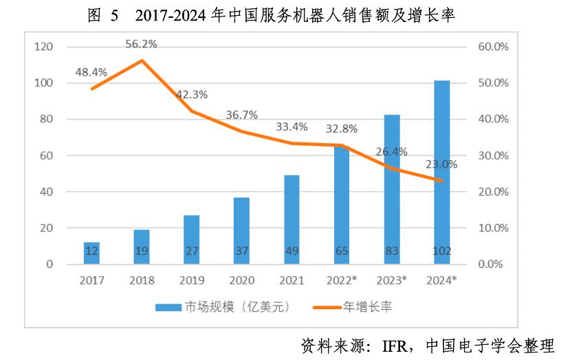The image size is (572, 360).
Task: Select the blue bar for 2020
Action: (241, 231)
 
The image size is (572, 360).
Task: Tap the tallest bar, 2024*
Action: (442, 172)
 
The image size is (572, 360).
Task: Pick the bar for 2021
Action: (291, 220)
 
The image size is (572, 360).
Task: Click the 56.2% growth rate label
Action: (141, 44)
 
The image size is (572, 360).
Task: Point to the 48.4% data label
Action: (91, 71)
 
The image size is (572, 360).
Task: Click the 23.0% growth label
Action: (441, 164)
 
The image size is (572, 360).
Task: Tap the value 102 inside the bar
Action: (442, 251)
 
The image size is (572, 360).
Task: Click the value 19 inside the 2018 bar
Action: (141, 251)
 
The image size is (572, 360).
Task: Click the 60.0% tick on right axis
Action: (492, 47)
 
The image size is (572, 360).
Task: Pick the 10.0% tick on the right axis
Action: (492, 228)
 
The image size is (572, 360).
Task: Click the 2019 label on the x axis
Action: (191, 280)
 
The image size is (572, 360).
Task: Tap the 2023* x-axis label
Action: (391, 280)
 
